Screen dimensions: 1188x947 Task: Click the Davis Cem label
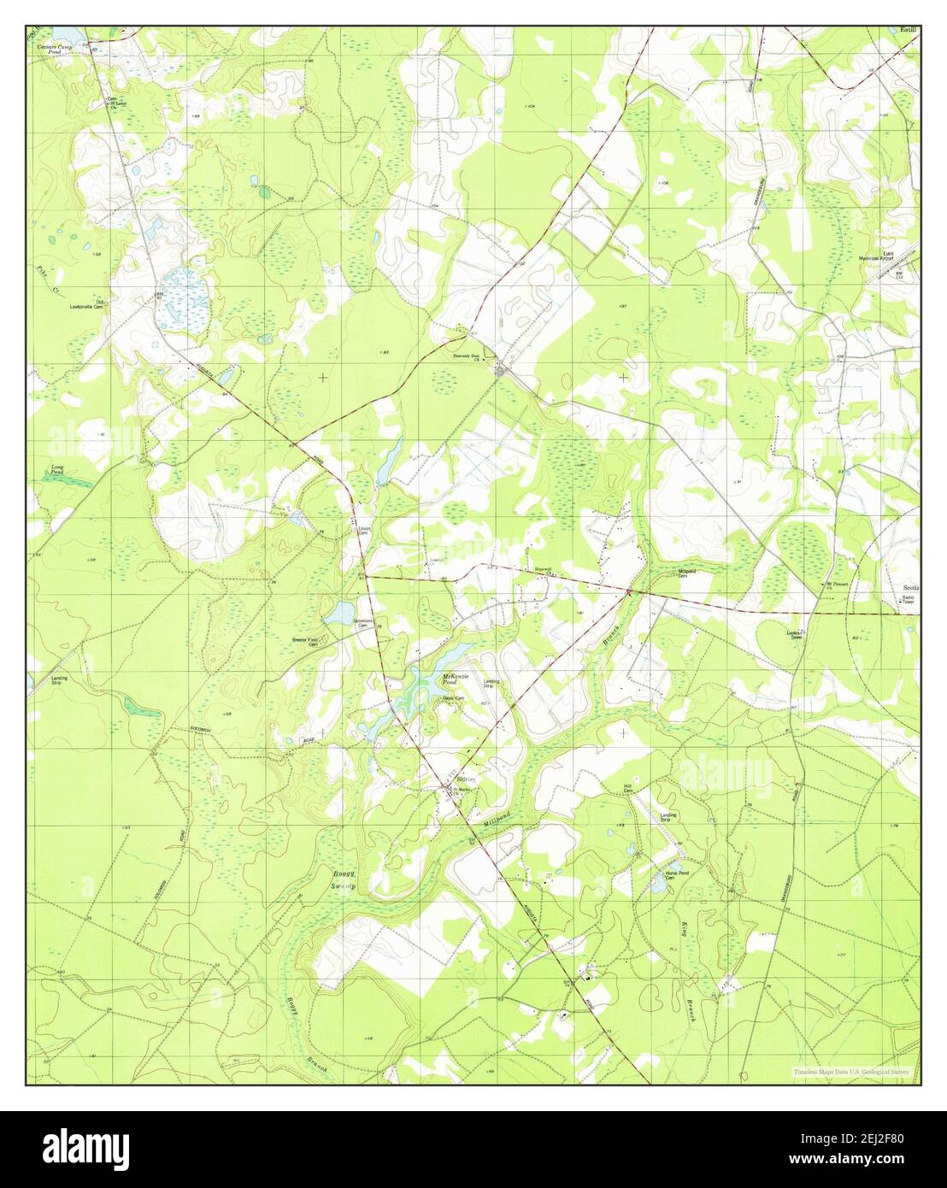click(x=453, y=698)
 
